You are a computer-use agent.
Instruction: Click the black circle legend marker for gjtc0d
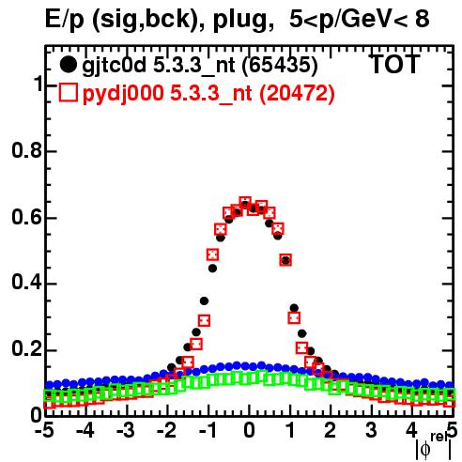pos(68,65)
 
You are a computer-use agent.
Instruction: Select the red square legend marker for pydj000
pos(68,92)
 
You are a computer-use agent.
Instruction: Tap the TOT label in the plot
pos(394,64)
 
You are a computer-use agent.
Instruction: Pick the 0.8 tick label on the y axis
pos(26,150)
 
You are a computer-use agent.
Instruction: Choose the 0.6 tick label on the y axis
pos(26,217)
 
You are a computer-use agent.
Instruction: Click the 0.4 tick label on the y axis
pos(26,284)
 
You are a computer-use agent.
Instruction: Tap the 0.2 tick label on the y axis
pos(26,350)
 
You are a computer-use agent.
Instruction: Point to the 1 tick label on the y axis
pos(37,85)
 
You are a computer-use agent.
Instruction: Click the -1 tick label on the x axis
pos(208,430)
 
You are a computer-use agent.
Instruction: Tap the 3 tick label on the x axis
pos(371,430)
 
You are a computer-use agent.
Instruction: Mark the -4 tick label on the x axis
pos(85,430)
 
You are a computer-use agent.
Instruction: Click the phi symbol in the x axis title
pos(425,450)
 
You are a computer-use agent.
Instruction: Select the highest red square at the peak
pos(245,203)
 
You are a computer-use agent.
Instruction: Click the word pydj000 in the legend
pos(123,94)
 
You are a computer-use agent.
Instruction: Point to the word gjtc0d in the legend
pos(115,66)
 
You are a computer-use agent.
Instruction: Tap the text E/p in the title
pos(65,20)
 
